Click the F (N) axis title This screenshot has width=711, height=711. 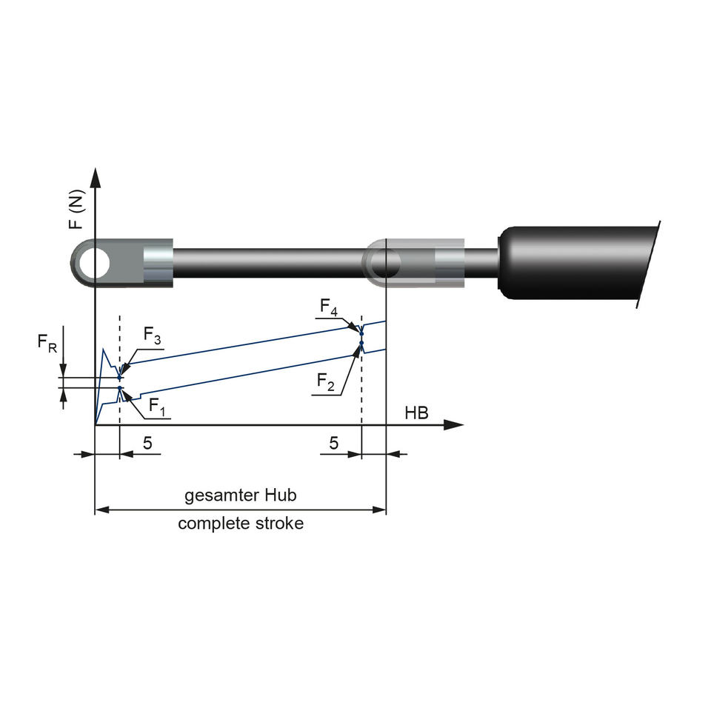pyautogui.click(x=76, y=209)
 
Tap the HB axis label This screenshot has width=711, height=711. pyautogui.click(x=416, y=413)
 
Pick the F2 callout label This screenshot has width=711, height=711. pyautogui.click(x=326, y=381)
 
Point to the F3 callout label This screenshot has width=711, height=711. pyautogui.click(x=152, y=336)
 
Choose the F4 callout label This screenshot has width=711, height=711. pyautogui.click(x=329, y=307)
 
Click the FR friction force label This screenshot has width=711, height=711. pyautogui.click(x=47, y=342)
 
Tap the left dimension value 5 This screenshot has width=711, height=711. pyautogui.click(x=147, y=443)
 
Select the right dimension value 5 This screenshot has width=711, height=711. pyautogui.click(x=334, y=443)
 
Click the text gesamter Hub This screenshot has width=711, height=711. pyautogui.click(x=240, y=495)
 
